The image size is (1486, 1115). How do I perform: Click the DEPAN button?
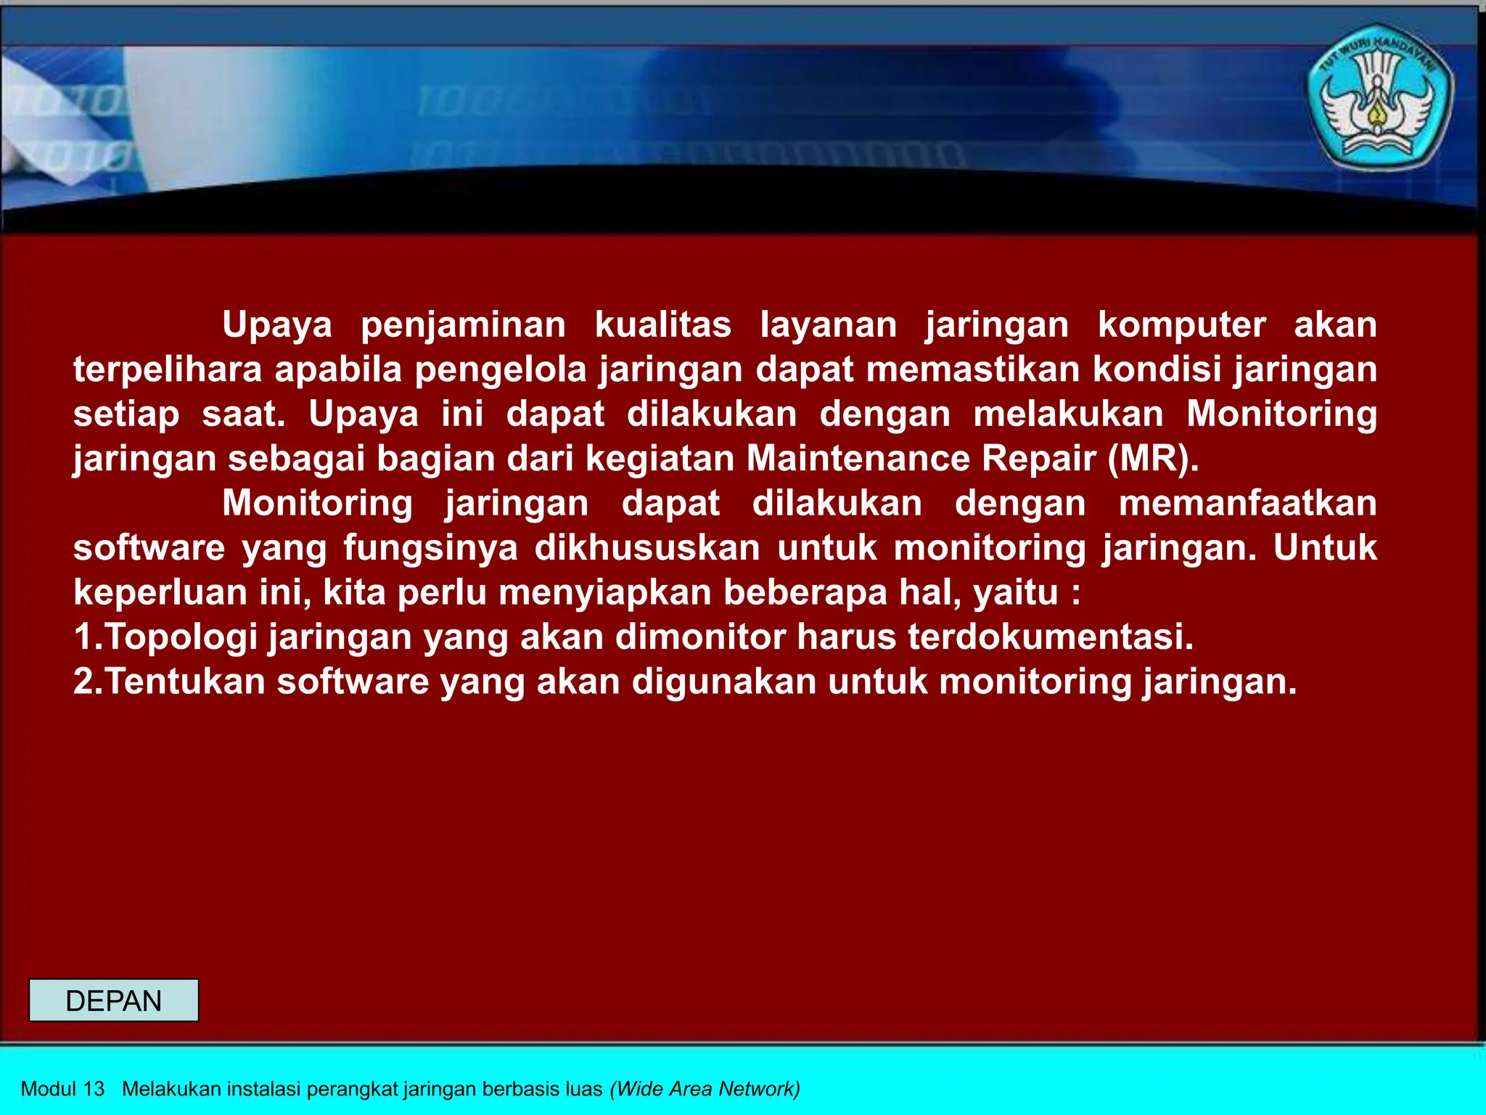click(x=113, y=1000)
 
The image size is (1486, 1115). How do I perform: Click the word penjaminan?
click(x=463, y=324)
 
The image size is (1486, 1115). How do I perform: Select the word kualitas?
click(x=662, y=324)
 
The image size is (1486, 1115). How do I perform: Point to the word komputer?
click(x=1181, y=324)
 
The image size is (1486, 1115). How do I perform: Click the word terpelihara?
click(x=168, y=369)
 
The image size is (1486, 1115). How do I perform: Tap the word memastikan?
click(x=973, y=369)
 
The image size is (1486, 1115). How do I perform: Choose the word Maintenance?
click(x=858, y=458)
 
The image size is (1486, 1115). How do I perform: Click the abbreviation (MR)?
click(x=1153, y=458)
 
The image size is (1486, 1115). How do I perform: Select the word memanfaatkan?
click(x=1247, y=503)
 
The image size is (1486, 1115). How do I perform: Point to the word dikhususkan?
click(x=647, y=547)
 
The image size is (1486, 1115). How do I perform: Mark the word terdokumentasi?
click(x=1050, y=637)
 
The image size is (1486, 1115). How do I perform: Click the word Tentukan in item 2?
click(x=186, y=682)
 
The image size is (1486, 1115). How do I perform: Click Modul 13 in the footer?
click(x=63, y=1089)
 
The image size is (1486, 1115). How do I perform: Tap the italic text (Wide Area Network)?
click(x=705, y=1089)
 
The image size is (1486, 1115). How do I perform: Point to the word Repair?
click(x=1038, y=458)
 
